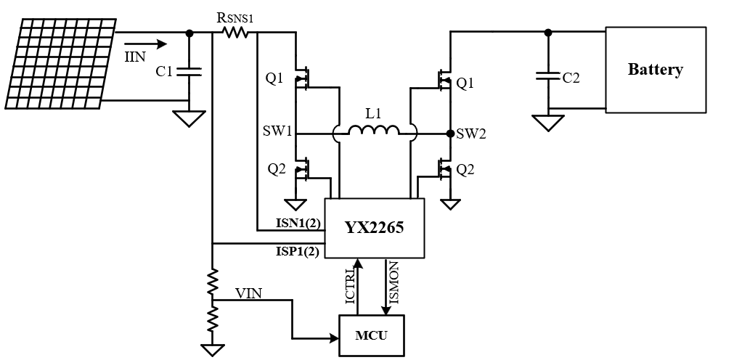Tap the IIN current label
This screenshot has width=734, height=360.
click(x=135, y=57)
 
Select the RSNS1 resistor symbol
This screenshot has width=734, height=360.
click(x=235, y=33)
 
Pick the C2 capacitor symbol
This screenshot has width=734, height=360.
click(x=548, y=74)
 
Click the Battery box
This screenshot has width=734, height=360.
click(x=655, y=70)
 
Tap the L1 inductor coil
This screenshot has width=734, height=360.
click(x=374, y=131)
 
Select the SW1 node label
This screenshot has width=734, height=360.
click(x=277, y=134)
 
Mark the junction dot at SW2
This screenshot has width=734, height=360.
click(x=450, y=134)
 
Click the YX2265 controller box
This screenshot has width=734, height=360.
click(x=374, y=228)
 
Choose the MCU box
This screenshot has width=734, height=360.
click(x=371, y=335)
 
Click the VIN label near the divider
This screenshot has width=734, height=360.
click(x=249, y=293)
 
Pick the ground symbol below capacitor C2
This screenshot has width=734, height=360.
click(x=548, y=123)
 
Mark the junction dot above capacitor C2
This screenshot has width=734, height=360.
click(x=548, y=32)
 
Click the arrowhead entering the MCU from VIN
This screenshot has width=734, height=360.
click(x=333, y=337)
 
